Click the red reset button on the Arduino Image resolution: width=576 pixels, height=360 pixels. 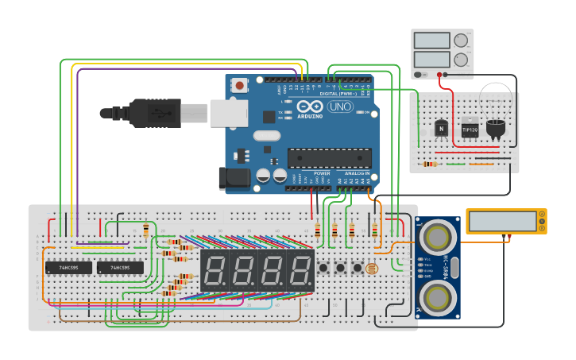coord(239,83)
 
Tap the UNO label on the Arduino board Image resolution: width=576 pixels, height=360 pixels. coord(340,106)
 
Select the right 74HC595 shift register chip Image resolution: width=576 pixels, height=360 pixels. coord(120,268)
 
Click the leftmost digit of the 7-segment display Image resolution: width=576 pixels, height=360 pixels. coord(215,270)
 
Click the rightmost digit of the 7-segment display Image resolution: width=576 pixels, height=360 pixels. coord(300,270)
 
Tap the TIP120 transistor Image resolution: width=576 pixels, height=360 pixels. coord(470,129)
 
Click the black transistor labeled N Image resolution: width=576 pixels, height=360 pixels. coord(440,127)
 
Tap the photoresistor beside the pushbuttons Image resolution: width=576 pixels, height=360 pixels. coord(370,269)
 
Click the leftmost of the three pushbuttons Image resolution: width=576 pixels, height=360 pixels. coord(326,268)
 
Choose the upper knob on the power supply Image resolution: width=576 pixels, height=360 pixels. coord(461,41)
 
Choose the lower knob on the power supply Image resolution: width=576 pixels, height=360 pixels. coord(461,59)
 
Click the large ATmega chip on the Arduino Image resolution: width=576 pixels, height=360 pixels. coord(329,158)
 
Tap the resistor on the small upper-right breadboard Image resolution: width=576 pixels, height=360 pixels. coord(430,165)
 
